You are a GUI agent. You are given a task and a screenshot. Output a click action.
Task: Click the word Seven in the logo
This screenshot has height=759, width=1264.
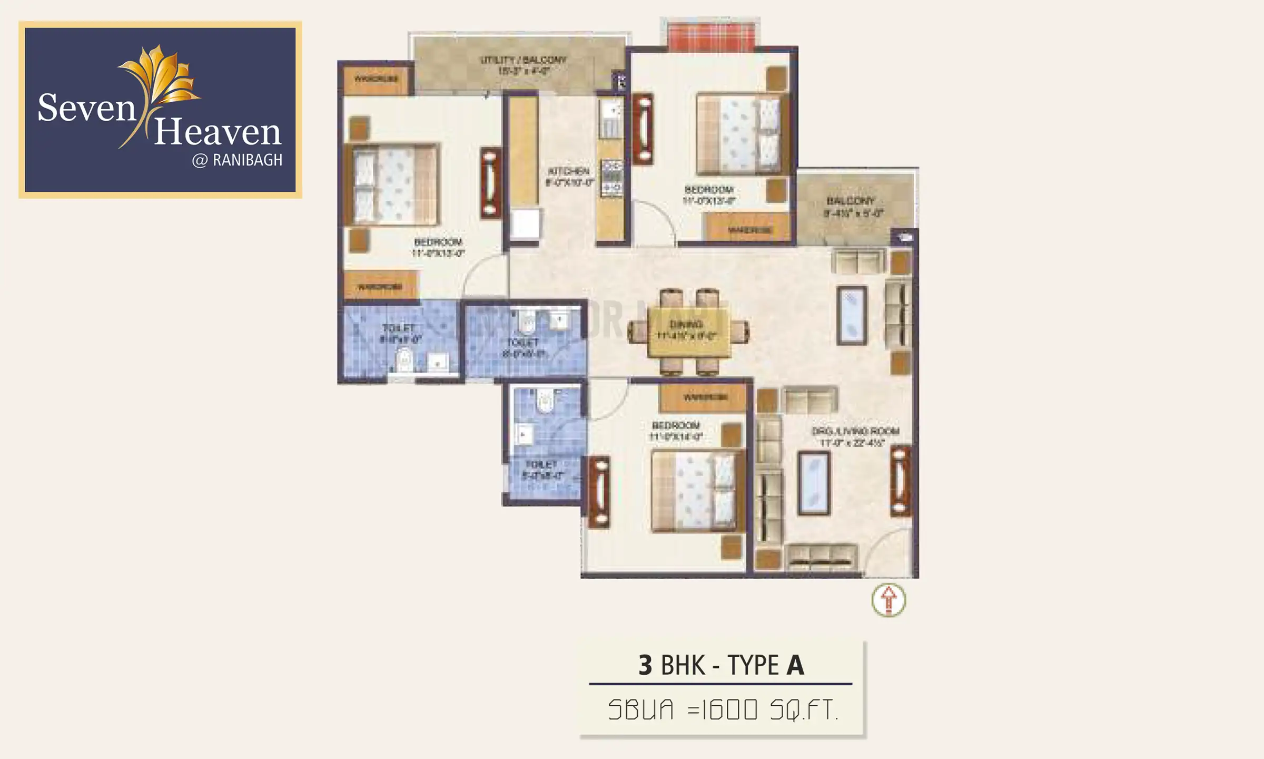pos(87,108)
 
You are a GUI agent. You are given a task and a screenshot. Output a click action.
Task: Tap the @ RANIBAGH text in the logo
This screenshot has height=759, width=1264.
pos(237,160)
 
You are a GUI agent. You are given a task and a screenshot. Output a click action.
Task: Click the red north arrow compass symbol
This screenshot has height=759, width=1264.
pos(888,600)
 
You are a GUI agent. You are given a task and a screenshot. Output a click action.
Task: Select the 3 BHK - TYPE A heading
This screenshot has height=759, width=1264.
pos(720,665)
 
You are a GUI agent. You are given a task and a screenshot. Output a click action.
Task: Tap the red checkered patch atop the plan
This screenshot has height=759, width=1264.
pos(710,34)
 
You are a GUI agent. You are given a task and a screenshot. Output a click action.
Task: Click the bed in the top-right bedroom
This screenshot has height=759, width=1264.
pos(743,134)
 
